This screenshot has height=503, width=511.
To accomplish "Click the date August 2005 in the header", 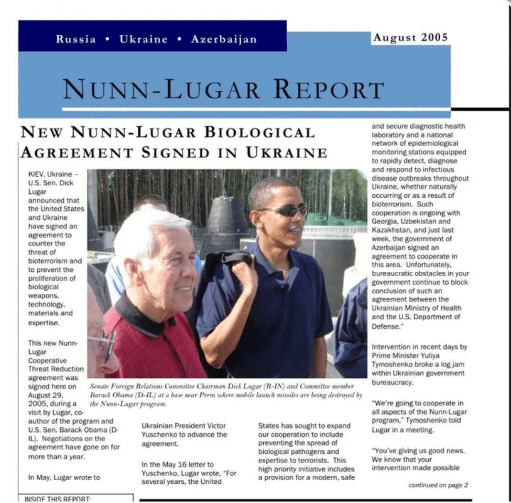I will coord(410,38).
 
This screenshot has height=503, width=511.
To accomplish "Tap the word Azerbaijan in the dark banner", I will coord(224,39).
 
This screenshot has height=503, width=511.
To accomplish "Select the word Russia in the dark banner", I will coord(76,39).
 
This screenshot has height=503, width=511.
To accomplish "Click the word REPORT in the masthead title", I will coord(328,90).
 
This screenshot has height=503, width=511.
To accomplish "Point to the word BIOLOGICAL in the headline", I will coord(260,132).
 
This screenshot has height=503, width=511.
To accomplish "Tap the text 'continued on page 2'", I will coord(438,485).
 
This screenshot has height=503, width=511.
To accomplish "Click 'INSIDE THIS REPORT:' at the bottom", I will coord(57,499).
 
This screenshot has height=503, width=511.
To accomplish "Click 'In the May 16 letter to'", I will coord(177,464).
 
